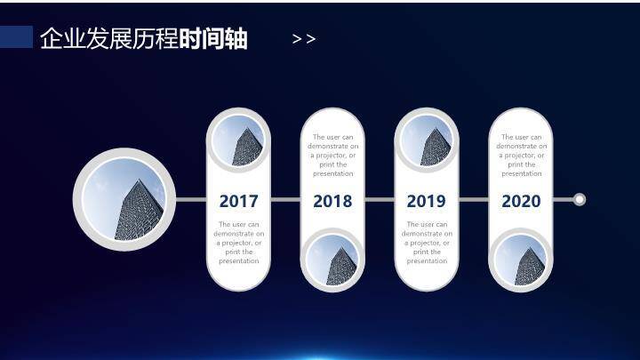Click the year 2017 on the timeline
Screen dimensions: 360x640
tap(239, 201)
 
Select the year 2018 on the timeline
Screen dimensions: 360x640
tap(332, 201)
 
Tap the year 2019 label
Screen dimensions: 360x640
tap(426, 201)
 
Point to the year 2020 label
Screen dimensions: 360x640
tap(521, 201)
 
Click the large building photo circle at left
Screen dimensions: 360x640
tap(125, 199)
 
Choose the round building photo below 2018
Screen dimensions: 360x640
tap(333, 260)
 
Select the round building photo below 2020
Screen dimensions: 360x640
tap(522, 260)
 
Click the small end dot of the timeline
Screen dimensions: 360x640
tap(580, 199)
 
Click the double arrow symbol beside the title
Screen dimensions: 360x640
tap(304, 39)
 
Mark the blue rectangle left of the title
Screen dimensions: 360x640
tap(17, 36)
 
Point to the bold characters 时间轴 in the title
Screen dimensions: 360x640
tap(213, 39)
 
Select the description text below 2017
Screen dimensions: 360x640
tap(239, 243)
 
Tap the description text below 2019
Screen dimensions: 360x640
tap(427, 243)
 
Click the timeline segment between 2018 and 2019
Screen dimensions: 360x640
tap(380, 200)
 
